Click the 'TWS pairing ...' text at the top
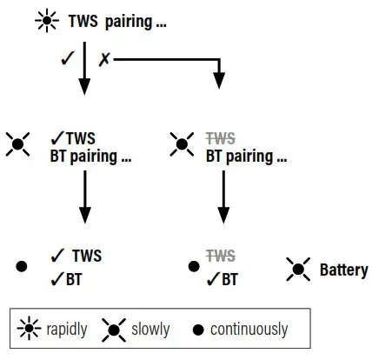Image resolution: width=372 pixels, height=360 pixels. tap(116, 21)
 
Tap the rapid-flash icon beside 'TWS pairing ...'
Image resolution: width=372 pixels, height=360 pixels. tap(47, 21)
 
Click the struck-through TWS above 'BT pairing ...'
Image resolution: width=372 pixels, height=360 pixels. tap(222, 137)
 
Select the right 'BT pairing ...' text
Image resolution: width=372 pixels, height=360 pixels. tap(246, 157)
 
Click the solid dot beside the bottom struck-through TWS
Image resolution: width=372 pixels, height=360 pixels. tap(193, 265)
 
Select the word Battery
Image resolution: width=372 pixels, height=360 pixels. tap(343, 270)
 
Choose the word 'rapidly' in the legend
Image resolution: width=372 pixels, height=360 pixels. tap(68, 330)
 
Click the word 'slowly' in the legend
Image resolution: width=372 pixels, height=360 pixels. tap(150, 330)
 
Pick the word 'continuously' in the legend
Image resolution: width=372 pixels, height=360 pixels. tap(249, 330)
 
